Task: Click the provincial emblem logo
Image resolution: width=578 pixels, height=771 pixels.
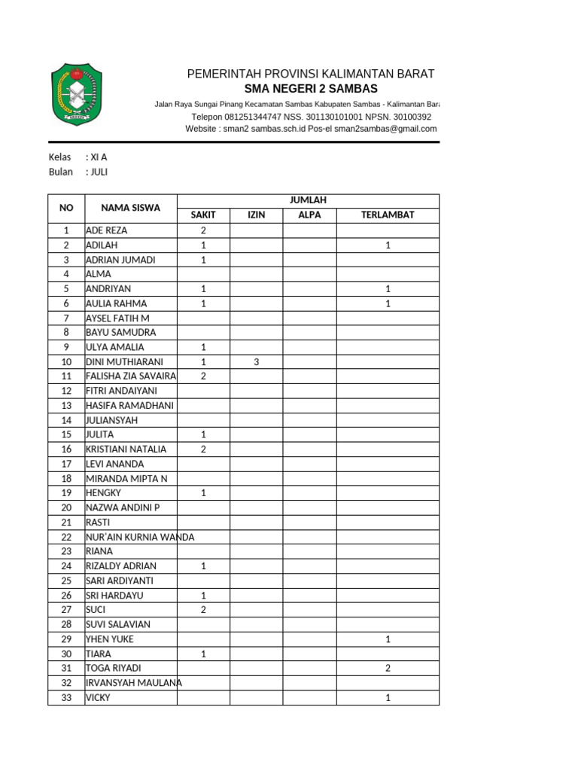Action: (77, 94)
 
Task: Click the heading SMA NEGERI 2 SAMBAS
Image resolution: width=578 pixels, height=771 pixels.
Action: (311, 89)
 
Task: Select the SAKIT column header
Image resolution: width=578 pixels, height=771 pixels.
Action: (203, 215)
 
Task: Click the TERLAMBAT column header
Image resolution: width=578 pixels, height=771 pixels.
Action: (388, 215)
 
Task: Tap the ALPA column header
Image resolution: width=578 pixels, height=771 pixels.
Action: (309, 215)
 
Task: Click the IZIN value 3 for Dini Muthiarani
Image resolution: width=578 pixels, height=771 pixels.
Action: (256, 361)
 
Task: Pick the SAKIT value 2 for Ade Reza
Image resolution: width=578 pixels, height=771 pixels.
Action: (203, 230)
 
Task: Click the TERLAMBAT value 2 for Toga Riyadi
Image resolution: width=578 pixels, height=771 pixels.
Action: (388, 668)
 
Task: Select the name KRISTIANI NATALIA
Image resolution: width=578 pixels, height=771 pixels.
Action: (126, 449)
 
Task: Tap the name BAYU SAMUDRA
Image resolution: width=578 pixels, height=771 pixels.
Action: (121, 332)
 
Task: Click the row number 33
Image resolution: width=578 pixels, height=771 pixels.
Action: (66, 697)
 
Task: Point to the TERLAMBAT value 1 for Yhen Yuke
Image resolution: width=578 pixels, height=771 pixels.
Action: (388, 638)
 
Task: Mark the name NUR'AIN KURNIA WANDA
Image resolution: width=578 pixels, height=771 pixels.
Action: (140, 537)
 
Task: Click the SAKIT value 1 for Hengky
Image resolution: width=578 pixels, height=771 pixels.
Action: (203, 493)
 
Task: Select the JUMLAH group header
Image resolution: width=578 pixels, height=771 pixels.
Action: (308, 200)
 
